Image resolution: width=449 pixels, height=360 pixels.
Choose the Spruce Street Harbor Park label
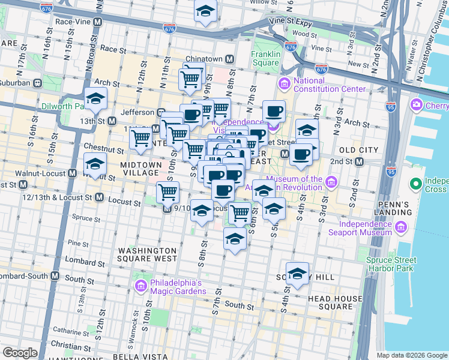tap(391, 265)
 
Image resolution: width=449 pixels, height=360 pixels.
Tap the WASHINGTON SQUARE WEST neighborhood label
tap(148, 254)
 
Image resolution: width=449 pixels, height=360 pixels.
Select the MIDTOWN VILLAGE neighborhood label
tap(141, 169)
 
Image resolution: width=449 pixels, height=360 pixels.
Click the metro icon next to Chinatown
tap(229, 59)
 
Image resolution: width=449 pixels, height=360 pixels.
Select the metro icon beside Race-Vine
tap(97, 22)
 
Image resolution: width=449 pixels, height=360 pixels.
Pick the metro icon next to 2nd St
tap(359, 162)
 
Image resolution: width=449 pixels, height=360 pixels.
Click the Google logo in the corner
tap(20, 352)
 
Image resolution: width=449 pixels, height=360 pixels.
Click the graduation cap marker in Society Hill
tap(297, 274)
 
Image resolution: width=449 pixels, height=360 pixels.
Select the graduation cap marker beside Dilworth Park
tap(95, 99)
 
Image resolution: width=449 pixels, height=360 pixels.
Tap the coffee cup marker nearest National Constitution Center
tap(274, 110)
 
